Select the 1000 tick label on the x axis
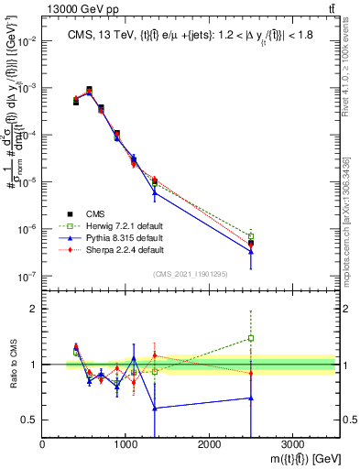(125, 445)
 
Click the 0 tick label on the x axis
(43, 445)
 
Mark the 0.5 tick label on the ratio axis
(30, 420)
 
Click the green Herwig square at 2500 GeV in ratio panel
(251, 338)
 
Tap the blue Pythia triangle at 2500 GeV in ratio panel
(251, 398)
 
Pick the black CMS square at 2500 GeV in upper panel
(251, 244)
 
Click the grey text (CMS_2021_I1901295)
(190, 274)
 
